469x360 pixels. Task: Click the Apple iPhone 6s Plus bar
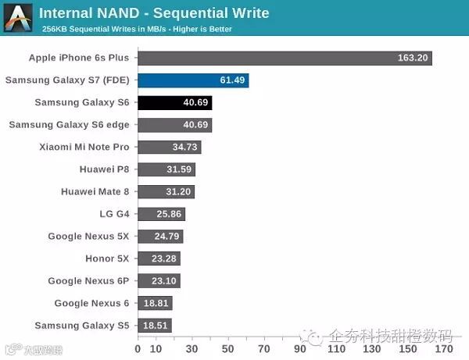coord(285,58)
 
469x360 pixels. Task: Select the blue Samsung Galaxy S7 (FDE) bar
coord(193,80)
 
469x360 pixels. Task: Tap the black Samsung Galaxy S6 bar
coord(175,102)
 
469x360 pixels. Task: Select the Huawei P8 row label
coord(104,169)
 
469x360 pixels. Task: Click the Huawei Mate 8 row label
coord(95,191)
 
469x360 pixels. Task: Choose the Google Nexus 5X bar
coord(160,236)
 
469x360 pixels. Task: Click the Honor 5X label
coord(107,258)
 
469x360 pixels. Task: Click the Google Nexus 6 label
coord(91,303)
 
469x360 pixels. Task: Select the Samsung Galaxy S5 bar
coord(155,325)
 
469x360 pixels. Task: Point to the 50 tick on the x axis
coord(228,349)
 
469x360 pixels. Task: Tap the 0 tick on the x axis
coord(138,349)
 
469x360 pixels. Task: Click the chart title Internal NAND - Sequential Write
coord(154,13)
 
